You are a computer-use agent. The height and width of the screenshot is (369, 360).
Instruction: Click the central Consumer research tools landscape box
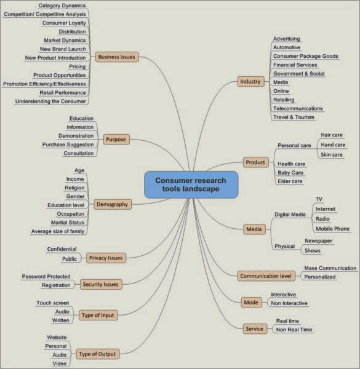191,184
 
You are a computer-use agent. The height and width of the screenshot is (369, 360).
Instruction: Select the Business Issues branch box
117,57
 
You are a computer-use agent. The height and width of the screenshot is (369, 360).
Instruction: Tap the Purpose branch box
116,140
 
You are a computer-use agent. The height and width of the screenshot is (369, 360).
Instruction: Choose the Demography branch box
113,204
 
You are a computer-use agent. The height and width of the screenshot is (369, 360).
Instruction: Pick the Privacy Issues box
106,258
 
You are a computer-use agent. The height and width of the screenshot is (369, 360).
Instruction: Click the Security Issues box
101,284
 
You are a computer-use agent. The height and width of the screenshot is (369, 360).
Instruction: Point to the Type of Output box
98,354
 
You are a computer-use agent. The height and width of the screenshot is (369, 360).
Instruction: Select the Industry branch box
250,81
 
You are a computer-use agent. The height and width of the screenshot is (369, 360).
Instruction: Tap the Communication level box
266,276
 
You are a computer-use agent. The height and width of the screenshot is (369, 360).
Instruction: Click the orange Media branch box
254,229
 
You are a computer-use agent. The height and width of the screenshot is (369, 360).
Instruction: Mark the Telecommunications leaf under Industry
298,108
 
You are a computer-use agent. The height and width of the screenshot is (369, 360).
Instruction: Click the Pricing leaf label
77,66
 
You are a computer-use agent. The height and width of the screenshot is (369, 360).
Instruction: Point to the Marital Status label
68,223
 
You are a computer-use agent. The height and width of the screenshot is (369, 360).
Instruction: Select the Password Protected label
46,276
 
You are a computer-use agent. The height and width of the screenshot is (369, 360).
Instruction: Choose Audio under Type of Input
62,312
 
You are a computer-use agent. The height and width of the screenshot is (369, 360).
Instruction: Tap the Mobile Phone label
333,229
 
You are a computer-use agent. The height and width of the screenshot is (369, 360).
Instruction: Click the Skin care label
332,154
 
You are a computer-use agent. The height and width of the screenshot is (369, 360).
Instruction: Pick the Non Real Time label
294,330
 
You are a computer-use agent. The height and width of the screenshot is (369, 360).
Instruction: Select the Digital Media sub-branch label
290,215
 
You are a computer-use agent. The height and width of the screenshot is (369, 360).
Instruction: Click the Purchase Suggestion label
68,145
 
